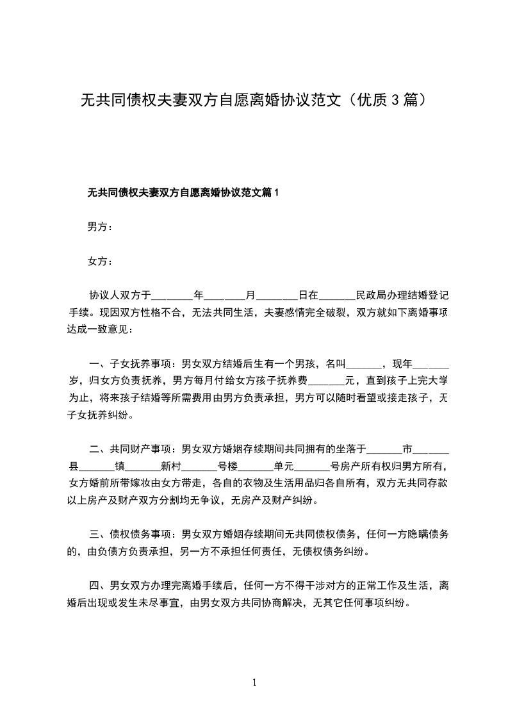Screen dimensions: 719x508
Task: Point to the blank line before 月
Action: tap(225, 297)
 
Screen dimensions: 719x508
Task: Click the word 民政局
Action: tap(370, 296)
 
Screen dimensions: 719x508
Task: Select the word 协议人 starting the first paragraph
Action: tap(104, 296)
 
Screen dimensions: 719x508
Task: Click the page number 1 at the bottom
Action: tap(254, 682)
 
